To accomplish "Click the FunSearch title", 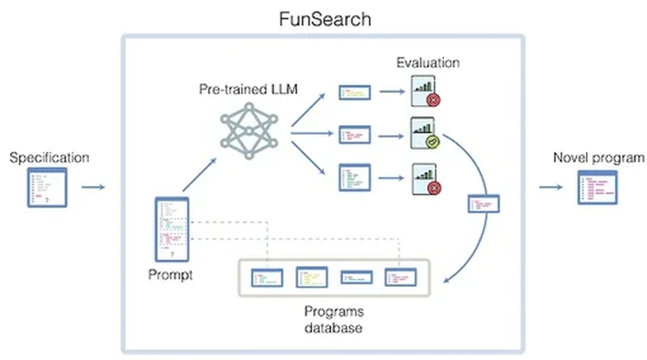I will pos(323,18).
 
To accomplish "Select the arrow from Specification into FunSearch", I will pos(92,186).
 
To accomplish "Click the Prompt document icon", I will pos(171,228).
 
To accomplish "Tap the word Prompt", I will pos(171,275).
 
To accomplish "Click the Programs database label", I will pos(333,320).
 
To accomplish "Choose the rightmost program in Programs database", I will pos(401,279).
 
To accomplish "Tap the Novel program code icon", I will pos(598,187).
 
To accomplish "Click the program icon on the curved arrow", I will pos(483,204).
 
